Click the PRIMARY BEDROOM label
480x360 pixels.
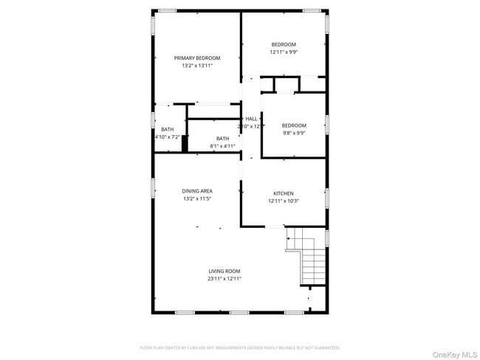point(197,58)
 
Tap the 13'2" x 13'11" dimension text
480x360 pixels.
point(197,66)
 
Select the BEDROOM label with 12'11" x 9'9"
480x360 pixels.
point(283,44)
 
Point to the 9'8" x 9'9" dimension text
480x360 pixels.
point(293,134)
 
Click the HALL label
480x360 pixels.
point(251,118)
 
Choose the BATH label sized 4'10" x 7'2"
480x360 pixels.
point(168,129)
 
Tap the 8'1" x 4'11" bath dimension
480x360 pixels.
point(222,146)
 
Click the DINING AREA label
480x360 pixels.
point(197,191)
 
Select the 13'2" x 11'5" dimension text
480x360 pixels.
point(197,199)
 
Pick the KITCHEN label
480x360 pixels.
point(284,193)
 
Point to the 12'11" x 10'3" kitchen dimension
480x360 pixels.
point(284,201)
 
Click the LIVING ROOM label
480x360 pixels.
point(224,271)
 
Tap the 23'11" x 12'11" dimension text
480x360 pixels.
point(224,279)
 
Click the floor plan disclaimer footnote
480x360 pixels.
point(240,347)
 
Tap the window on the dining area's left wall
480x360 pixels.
point(154,188)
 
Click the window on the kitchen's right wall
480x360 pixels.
point(326,197)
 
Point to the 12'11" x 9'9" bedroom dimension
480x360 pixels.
point(283,52)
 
